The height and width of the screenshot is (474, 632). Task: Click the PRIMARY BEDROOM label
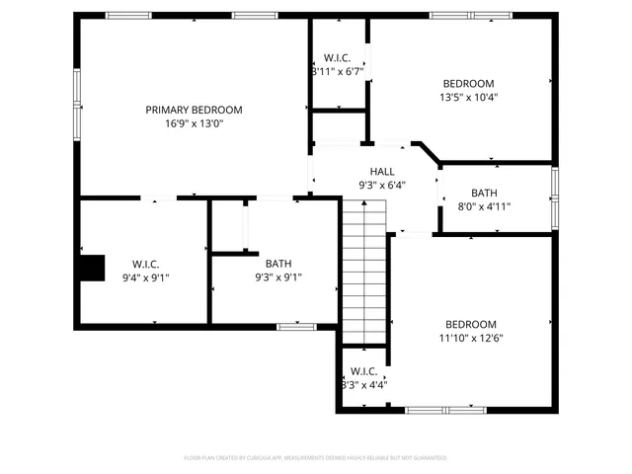pos(194,110)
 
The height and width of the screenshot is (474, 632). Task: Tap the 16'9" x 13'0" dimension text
pos(194,123)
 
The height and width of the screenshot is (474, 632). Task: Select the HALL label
pos(382,171)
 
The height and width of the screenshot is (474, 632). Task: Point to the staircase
pos(362,272)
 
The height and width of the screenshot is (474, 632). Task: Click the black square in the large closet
pos(92,268)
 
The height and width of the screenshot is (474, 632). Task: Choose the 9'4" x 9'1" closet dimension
pos(145,277)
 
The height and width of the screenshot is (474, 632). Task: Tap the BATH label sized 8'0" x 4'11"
pos(484,193)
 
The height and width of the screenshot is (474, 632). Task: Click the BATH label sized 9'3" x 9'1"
pos(278,264)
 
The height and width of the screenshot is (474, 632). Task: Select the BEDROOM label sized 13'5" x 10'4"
pos(468,84)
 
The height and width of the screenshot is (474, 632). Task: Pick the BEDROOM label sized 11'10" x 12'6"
pos(470,324)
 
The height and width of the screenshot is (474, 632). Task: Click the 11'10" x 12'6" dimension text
pos(470,338)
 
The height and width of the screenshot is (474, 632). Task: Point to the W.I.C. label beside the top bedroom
pos(337,57)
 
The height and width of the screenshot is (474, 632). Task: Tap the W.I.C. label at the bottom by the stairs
pos(363,371)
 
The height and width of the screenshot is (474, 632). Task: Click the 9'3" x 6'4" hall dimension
pos(382,185)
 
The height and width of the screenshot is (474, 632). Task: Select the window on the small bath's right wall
pos(555,197)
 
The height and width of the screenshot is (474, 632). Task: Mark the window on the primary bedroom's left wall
pos(75,103)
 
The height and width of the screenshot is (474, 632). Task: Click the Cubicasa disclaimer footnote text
pos(316,458)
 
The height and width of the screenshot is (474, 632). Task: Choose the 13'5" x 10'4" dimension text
pos(468,98)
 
